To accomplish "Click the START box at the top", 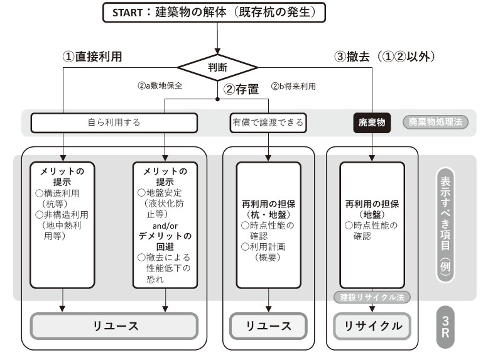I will [218, 13].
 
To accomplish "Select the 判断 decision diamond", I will [218, 65].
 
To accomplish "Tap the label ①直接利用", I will [92, 56].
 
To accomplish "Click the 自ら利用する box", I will [114, 123].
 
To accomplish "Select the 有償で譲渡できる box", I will [268, 123].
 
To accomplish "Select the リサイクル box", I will [372, 326].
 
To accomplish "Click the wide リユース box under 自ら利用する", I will [114, 326].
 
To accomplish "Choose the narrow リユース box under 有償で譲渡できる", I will [268, 326].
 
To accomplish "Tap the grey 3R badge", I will [445, 327].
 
